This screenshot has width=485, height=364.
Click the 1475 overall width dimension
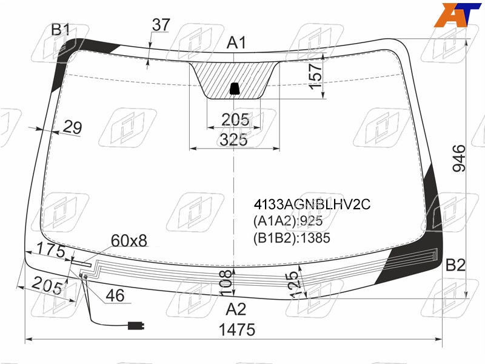pyautogui.click(x=237, y=329)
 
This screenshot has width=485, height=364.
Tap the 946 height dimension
pyautogui.click(x=459, y=158)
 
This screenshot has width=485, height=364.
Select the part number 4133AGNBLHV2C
pyautogui.click(x=312, y=204)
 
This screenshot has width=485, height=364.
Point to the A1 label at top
pyautogui.click(x=236, y=42)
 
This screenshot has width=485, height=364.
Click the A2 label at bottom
pyautogui.click(x=236, y=309)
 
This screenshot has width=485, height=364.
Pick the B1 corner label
pyautogui.click(x=61, y=30)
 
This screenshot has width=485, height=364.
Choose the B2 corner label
pyautogui.click(x=455, y=265)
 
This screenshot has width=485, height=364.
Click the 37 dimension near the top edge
pyautogui.click(x=161, y=25)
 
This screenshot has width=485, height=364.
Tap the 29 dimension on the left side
pyautogui.click(x=73, y=127)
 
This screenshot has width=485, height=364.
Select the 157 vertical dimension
pyautogui.click(x=316, y=76)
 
